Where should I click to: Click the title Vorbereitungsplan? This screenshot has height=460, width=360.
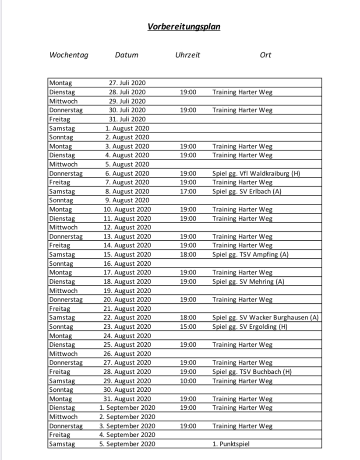[x=184, y=27]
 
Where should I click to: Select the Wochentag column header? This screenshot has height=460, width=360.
[x=69, y=55]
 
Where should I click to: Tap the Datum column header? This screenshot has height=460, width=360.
[x=127, y=55]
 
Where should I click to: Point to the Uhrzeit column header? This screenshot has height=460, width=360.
[x=187, y=55]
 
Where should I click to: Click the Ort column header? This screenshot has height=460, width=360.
[x=265, y=55]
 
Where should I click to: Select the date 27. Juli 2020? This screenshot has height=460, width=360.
[x=127, y=83]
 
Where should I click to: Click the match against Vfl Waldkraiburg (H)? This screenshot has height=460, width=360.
[x=256, y=173]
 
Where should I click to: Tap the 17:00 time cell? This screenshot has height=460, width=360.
[x=188, y=191]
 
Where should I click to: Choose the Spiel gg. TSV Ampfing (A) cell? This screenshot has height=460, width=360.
[x=251, y=254]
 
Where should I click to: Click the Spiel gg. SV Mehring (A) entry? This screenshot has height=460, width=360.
[x=248, y=281]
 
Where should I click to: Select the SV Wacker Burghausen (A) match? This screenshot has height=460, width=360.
[x=265, y=317]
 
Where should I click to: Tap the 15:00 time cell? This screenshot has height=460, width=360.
[x=188, y=327]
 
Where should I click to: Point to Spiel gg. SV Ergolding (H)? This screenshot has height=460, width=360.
[x=250, y=327]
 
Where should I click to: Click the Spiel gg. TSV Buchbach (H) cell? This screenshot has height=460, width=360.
[x=252, y=372]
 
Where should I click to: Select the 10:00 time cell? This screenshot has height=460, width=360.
[x=188, y=381]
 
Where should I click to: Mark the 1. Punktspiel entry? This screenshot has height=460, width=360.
[x=231, y=444]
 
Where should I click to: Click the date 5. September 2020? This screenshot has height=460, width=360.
[x=127, y=444]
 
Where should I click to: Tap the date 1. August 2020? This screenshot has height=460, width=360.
[x=127, y=128]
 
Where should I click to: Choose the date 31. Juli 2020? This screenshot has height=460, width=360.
[x=127, y=119]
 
